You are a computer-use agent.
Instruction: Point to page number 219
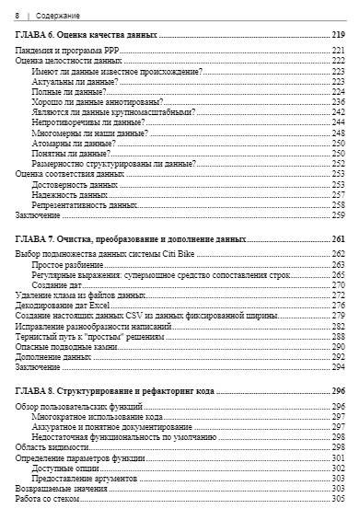pyautogui.click(x=338, y=35)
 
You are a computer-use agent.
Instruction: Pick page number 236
pyautogui.click(x=338, y=102)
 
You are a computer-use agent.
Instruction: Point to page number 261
pyautogui.click(x=338, y=238)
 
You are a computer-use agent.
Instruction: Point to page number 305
pyautogui.click(x=338, y=498)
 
